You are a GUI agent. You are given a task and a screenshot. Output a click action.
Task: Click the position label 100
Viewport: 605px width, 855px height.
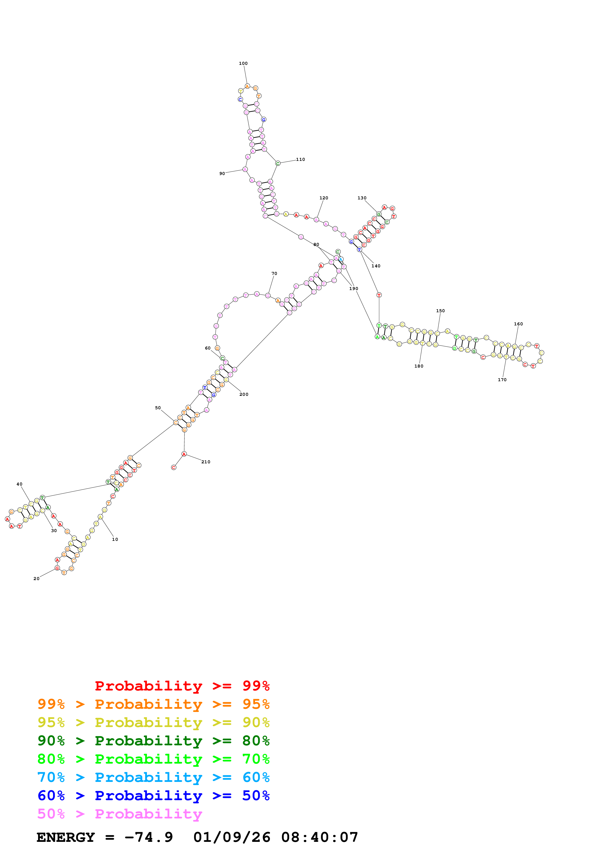pos(243,63)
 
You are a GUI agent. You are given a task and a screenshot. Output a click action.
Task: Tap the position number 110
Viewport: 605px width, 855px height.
pos(300,159)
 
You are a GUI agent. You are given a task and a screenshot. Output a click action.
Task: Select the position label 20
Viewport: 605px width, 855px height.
pos(36,579)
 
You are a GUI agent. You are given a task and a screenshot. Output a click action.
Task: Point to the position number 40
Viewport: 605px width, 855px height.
pos(19,484)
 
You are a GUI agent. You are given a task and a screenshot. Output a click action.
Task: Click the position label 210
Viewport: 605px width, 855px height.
pos(206,462)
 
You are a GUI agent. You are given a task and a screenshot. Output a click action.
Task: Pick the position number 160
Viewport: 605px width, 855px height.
pos(518,324)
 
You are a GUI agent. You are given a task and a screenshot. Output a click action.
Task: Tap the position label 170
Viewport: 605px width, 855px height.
pos(502,380)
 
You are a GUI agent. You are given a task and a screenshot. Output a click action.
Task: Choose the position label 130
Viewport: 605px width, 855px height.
pos(362,198)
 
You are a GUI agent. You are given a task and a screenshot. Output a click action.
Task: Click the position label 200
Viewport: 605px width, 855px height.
pos(244,394)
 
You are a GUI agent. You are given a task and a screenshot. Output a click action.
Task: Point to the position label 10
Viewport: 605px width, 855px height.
pos(115,539)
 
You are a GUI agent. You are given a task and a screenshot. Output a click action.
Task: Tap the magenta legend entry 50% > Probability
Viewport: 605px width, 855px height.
pos(120,814)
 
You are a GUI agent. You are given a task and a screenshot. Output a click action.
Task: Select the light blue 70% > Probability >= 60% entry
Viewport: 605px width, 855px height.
pos(153,777)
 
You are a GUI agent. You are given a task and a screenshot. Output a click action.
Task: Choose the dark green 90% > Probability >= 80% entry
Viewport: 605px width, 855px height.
pos(153,741)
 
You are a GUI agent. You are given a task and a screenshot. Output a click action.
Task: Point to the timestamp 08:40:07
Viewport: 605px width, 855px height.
pos(319,837)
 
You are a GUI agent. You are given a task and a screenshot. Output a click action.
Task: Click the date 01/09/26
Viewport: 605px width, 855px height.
pos(232,837)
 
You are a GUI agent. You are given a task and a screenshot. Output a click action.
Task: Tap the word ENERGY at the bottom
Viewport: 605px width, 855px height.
pos(66,837)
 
